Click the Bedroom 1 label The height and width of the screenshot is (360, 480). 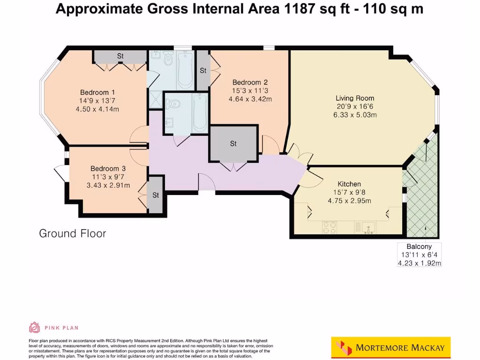pyautogui.click(x=97, y=92)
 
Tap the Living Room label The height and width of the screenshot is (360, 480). pyautogui.click(x=355, y=98)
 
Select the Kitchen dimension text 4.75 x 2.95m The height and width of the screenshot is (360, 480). pyautogui.click(x=349, y=201)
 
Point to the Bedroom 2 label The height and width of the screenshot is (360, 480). pyautogui.click(x=250, y=82)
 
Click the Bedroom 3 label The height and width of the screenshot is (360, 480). pyautogui.click(x=108, y=169)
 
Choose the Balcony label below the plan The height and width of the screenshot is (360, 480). pyautogui.click(x=419, y=247)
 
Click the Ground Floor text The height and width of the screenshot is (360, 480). pyautogui.click(x=73, y=233)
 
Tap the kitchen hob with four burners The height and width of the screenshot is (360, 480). pyautogui.click(x=330, y=227)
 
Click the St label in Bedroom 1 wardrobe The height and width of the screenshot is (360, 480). pyautogui.click(x=120, y=56)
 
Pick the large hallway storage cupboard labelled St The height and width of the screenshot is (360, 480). pyautogui.click(x=233, y=143)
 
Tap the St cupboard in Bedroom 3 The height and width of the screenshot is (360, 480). pyautogui.click(x=156, y=195)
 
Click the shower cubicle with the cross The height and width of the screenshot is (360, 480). pyautogui.click(x=156, y=99)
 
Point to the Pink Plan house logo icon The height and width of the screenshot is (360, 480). pyautogui.click(x=34, y=328)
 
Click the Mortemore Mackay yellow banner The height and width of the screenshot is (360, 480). pyautogui.click(x=391, y=347)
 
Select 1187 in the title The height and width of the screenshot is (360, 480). pyautogui.click(x=300, y=8)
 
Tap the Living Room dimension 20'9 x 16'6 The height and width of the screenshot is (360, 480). pyautogui.click(x=355, y=106)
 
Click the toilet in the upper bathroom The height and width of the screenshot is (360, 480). pyautogui.click(x=168, y=59)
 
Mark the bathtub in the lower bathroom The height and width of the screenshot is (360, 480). pyautogui.click(x=200, y=112)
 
